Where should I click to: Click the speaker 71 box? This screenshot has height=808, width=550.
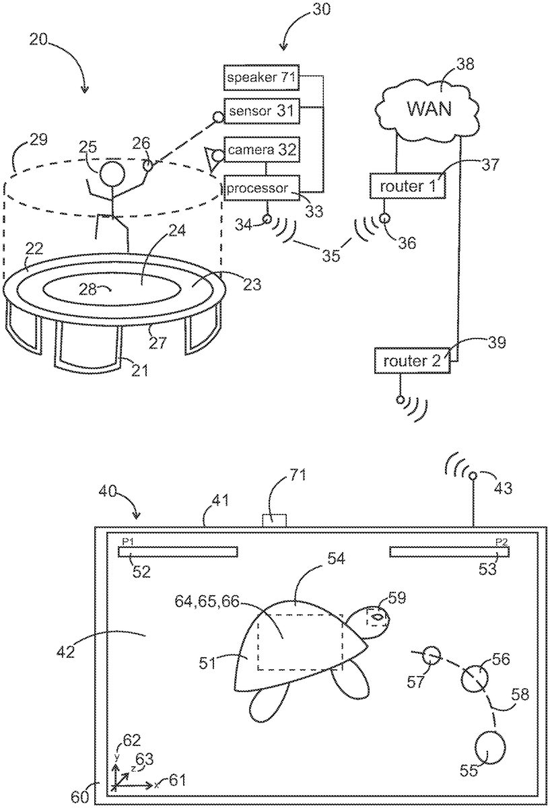point(261,77)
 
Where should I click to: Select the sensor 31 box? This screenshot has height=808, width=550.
point(261,110)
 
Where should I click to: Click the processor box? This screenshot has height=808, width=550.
point(261,188)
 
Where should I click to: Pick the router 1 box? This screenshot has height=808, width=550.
point(407,186)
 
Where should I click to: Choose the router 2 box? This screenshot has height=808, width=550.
point(413,361)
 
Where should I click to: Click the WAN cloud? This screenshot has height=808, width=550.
point(427,108)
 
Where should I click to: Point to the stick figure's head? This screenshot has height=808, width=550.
point(112,174)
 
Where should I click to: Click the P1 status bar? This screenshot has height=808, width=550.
point(178,552)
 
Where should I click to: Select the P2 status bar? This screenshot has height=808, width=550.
point(450,552)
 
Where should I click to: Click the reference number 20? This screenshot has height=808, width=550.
point(38,40)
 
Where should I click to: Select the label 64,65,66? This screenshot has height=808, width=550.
point(207,601)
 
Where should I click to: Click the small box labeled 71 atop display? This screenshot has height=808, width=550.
point(274,520)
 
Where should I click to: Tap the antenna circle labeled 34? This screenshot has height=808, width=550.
point(267,219)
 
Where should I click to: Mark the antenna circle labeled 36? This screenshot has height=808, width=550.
point(384,218)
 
